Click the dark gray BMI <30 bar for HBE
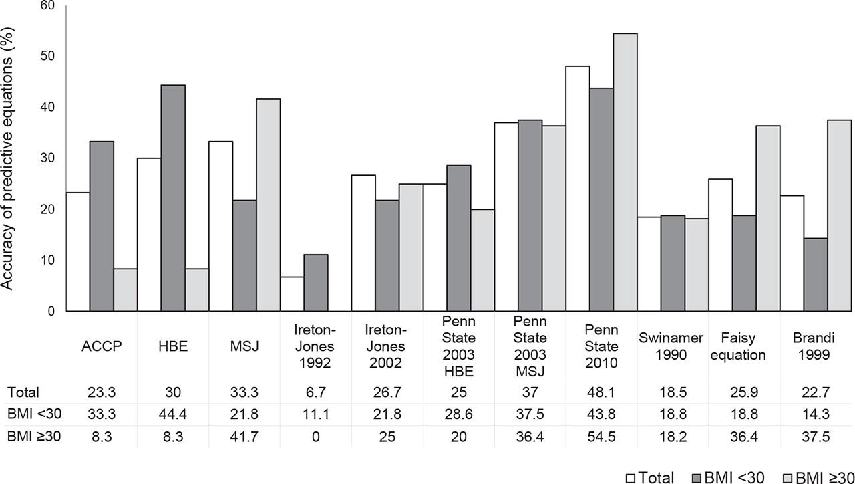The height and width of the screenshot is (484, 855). [173, 199]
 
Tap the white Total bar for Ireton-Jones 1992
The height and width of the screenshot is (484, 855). [292, 294]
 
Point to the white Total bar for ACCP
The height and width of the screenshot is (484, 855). [77, 252]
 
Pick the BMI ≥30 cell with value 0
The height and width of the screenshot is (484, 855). [315, 439]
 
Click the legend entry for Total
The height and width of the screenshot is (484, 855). [650, 475]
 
